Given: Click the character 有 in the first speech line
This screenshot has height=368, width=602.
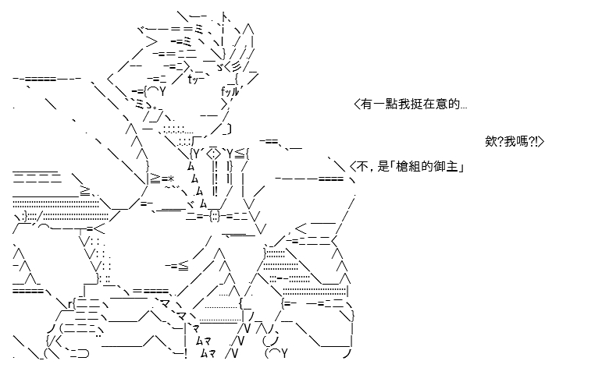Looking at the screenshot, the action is coord(366,104).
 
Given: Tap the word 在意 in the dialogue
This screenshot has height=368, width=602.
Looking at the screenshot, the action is coord(435,104).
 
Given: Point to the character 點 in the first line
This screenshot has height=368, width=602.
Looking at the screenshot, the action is coord(391,104).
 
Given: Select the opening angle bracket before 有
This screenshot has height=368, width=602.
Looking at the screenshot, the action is coord(357,104).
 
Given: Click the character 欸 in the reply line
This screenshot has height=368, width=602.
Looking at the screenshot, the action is coord(491,142).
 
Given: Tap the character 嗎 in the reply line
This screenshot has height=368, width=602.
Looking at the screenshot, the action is coord(522,142).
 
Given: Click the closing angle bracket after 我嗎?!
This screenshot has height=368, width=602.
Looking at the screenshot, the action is coord(541,142).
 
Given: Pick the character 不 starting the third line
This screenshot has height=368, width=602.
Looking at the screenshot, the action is coord(362,167).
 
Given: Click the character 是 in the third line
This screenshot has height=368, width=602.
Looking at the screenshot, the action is coord(383,167).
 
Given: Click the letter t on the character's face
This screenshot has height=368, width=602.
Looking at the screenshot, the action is coord(191,79).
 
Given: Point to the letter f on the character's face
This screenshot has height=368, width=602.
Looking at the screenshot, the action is coord(224,91).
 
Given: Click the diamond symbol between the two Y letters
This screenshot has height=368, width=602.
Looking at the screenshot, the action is coord(213,154).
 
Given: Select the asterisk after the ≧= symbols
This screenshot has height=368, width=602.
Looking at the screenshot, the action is coord(171,179).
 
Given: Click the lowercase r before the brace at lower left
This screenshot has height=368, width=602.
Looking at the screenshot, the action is coord(69,305).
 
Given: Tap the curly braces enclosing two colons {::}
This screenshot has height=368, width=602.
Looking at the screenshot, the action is coord(215,217).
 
